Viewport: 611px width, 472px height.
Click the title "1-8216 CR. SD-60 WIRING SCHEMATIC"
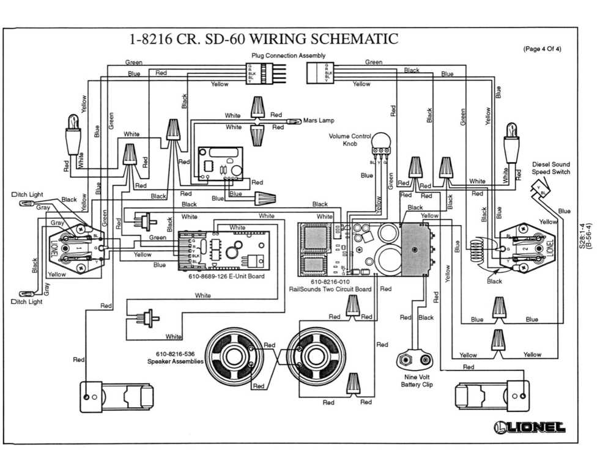tap(264, 40)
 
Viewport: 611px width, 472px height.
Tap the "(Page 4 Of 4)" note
tap(542, 50)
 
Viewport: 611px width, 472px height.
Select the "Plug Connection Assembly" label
tap(284, 56)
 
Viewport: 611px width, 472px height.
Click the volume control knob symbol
tap(380, 144)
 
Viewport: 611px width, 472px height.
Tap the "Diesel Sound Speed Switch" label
tap(550, 168)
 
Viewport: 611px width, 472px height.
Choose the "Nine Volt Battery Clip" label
tap(417, 381)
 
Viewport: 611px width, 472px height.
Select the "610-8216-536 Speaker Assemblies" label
tap(175, 358)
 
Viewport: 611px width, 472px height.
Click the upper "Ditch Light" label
tap(28, 194)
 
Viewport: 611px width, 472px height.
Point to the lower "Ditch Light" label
tap(28, 301)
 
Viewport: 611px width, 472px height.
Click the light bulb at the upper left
tap(73, 132)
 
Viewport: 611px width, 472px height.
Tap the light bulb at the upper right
tap(511, 142)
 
